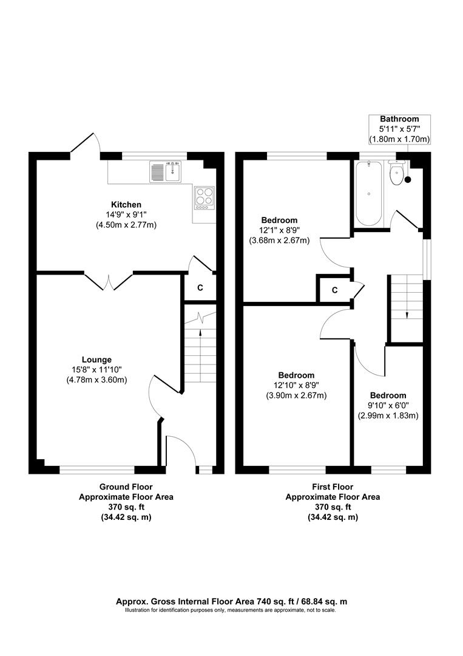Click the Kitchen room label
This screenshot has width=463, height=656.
click(x=126, y=205)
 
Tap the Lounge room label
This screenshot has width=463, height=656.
click(x=96, y=360)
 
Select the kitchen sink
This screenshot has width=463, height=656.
click(x=166, y=172)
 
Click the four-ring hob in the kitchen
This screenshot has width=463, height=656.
click(x=204, y=198)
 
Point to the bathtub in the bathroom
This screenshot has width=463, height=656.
click(x=368, y=193)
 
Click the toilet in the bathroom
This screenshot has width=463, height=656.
click(x=396, y=173)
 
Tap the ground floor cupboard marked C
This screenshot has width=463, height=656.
click(x=200, y=287)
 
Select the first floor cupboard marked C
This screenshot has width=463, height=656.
click(x=335, y=290)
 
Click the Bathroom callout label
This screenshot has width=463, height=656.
click(x=399, y=129)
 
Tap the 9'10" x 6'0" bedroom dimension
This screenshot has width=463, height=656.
click(x=388, y=405)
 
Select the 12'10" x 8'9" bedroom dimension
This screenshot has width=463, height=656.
click(x=296, y=385)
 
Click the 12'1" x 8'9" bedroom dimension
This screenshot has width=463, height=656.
click(x=280, y=230)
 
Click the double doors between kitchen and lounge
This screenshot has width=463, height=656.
click(x=109, y=282)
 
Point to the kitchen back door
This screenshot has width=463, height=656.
click(x=86, y=143)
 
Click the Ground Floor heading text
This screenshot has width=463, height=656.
click(x=126, y=487)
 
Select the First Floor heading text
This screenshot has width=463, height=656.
click(x=333, y=487)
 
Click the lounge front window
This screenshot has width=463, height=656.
click(x=97, y=470)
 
